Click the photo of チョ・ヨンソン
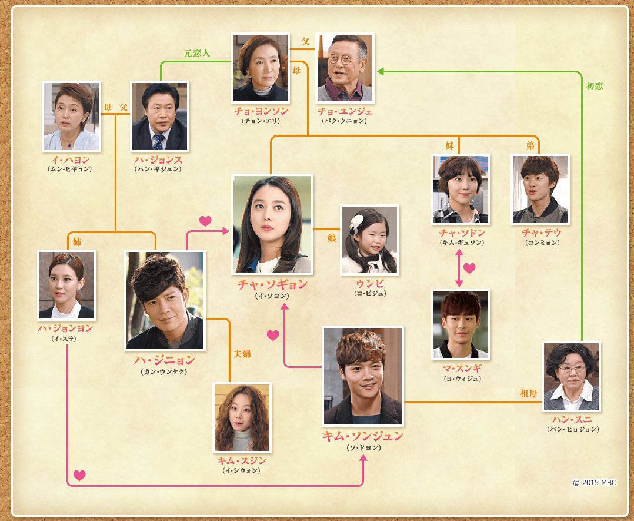pos(261,68)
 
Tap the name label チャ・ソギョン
pos(272,285)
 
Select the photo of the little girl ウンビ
pos(369,240)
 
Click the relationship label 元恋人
pos(196,53)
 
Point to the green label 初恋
pos(594,86)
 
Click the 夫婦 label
pos(242,354)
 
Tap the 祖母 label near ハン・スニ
pos(529,393)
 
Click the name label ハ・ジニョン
pos(165,360)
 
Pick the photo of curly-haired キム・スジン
pos(242,418)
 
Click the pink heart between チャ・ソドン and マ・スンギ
pos(469,268)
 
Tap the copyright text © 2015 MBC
pos(595,483)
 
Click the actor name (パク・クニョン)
pos(344,121)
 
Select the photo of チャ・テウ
pos(540,189)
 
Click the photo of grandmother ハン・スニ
pos(570,377)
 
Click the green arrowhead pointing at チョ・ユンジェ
pos(381,71)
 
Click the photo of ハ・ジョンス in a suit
pos(159,116)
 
